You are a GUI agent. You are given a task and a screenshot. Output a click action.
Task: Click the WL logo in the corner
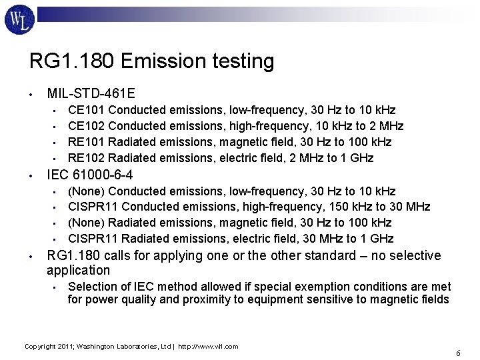click(x=20, y=20)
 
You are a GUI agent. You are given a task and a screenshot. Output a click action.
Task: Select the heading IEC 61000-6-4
click(x=89, y=175)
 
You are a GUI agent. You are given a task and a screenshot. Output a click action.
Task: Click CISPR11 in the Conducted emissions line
click(x=93, y=207)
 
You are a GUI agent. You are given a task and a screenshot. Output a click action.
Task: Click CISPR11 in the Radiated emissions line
click(x=93, y=239)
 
